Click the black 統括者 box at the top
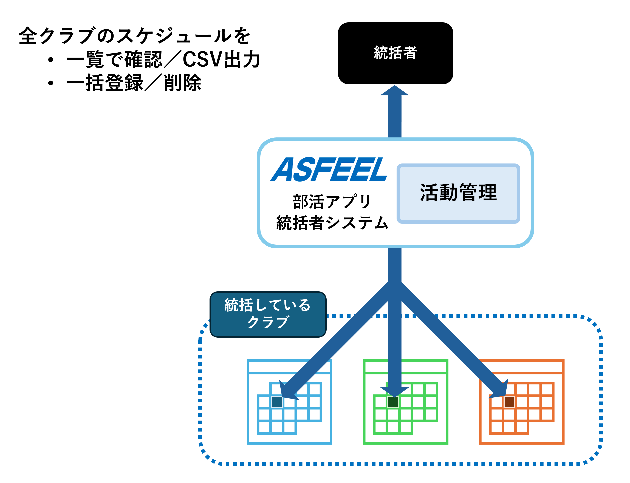395,53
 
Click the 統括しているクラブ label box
268,314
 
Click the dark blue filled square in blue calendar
277,402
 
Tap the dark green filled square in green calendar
393,402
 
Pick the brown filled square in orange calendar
509,402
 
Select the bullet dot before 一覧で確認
51,60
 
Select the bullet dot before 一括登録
51,83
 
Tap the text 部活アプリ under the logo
332,202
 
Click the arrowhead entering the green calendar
394,391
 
